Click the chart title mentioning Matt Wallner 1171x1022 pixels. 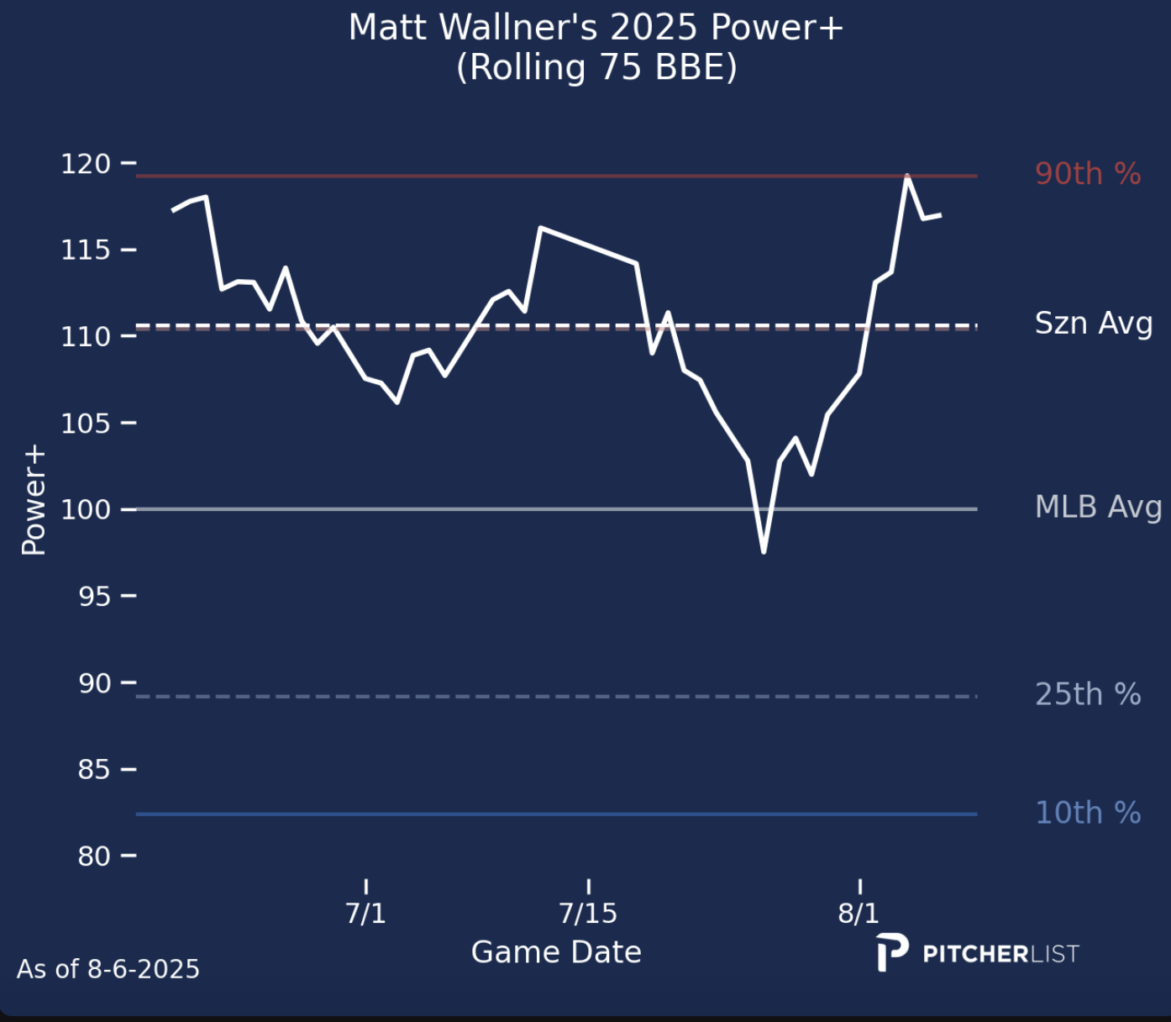point(596,28)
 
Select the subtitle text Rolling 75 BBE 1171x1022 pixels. point(596,67)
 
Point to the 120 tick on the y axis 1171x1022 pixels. point(86,163)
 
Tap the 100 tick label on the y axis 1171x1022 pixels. point(86,509)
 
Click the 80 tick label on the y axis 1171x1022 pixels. point(94,856)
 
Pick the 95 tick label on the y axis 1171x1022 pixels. point(94,596)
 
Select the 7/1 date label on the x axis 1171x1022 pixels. point(365,913)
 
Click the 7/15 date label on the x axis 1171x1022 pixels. point(588,913)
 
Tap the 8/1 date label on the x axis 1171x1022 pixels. point(859,913)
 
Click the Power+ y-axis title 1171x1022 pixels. point(34,501)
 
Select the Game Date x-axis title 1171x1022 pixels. point(556,952)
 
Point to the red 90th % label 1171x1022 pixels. point(1087,174)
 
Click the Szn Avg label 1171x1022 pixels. point(1093,324)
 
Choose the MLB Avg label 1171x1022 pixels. point(1098,507)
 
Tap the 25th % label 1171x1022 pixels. point(1087,694)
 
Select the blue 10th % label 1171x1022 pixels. point(1087,813)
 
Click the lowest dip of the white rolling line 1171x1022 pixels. point(764,551)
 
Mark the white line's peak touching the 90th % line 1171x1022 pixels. point(907,176)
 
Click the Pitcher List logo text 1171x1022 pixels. point(1000,954)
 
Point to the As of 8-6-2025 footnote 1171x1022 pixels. point(108,969)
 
